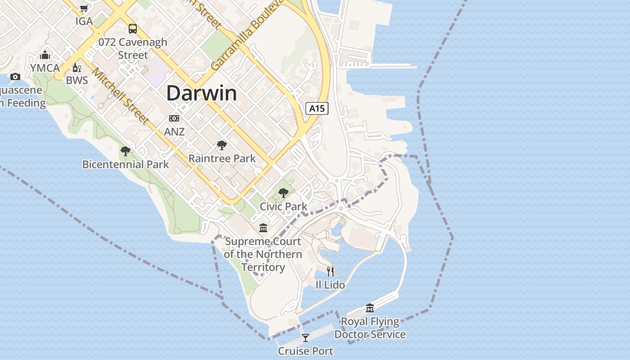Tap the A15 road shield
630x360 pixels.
click(x=317, y=108)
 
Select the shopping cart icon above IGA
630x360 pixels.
click(x=84, y=8)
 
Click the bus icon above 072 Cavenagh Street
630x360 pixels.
click(x=133, y=29)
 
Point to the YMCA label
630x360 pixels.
click(x=45, y=68)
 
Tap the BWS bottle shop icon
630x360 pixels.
click(x=77, y=68)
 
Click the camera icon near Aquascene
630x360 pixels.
click(x=15, y=76)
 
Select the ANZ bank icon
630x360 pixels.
click(x=174, y=118)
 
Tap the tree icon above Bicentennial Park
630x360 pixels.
click(x=126, y=151)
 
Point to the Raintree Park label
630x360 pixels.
click(x=222, y=158)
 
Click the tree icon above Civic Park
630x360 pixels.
click(x=283, y=193)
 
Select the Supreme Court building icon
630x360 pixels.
click(x=263, y=228)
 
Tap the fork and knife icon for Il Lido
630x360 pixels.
click(x=330, y=271)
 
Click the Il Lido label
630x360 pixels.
click(x=330, y=285)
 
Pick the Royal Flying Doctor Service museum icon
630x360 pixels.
click(x=370, y=308)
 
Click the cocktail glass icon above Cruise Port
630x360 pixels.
click(x=306, y=337)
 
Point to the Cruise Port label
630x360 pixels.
click(x=306, y=351)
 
